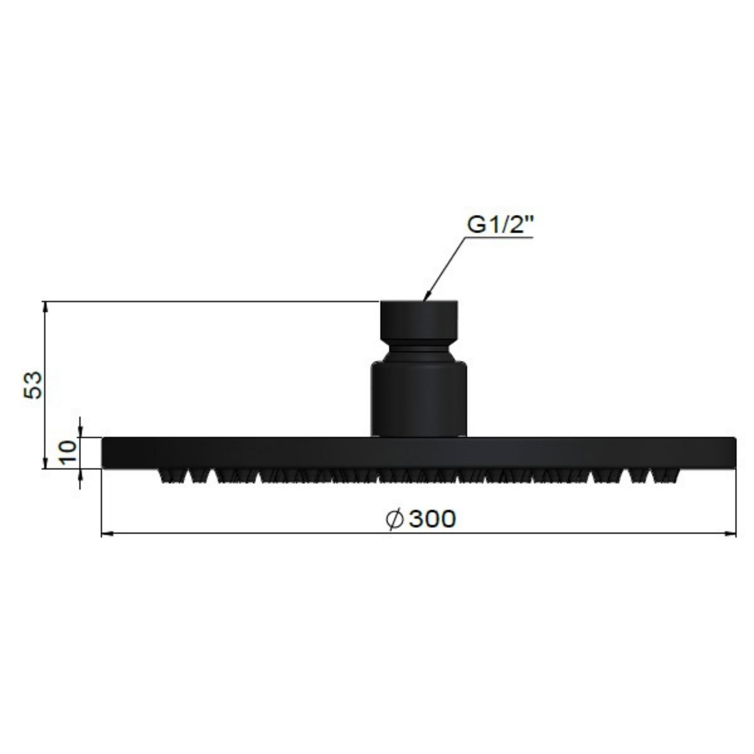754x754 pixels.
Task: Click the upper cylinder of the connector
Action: tap(418, 319)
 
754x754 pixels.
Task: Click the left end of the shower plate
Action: tap(106, 453)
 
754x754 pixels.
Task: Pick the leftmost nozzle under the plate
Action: tap(171, 476)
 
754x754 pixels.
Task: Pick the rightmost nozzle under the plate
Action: tap(666, 476)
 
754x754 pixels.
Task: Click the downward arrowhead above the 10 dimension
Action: tap(81, 433)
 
